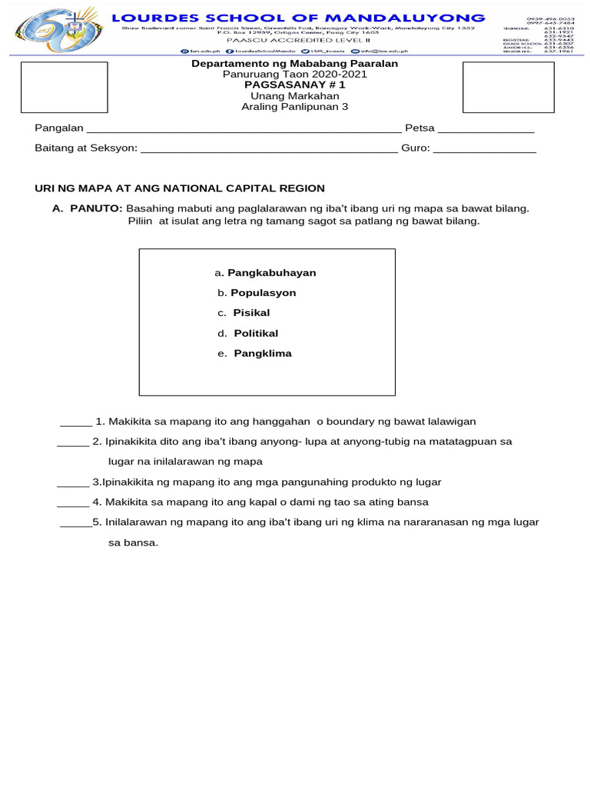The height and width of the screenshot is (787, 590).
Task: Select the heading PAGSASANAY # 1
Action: pos(294,85)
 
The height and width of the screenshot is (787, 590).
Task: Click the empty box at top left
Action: pos(64,87)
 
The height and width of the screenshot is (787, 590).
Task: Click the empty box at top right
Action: pos(508,87)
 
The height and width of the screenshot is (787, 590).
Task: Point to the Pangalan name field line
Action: pos(243,129)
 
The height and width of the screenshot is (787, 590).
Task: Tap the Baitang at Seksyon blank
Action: pos(269,149)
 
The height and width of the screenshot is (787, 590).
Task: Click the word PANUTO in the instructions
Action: pos(96,208)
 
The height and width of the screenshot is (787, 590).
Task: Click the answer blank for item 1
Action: pos(75,423)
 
